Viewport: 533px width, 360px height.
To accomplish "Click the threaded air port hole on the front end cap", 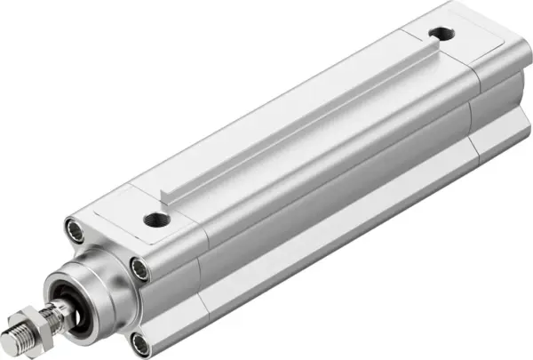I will pos(156,219).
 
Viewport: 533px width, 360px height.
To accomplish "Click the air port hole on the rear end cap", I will pos(438,35).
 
